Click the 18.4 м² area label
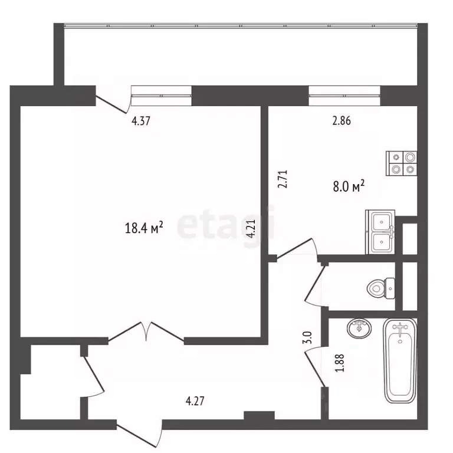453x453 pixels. coord(144,228)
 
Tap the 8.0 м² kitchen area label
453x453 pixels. coord(349,186)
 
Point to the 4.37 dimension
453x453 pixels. coord(141,121)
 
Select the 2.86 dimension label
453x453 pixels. coord(342,120)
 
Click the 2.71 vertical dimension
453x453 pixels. coord(283,179)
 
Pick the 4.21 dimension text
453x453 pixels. coord(251,228)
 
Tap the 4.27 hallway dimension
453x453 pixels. coord(195,401)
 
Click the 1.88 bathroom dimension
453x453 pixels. coord(340,363)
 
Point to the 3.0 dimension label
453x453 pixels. coord(308,337)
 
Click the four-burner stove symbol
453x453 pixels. coord(401,163)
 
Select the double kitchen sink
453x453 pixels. coord(380,232)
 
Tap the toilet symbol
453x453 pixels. coord(381,288)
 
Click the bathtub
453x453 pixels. coord(400,360)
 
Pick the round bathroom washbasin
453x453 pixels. coord(359,329)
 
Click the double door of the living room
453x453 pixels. coord(146,332)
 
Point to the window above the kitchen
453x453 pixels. coord(344,96)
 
